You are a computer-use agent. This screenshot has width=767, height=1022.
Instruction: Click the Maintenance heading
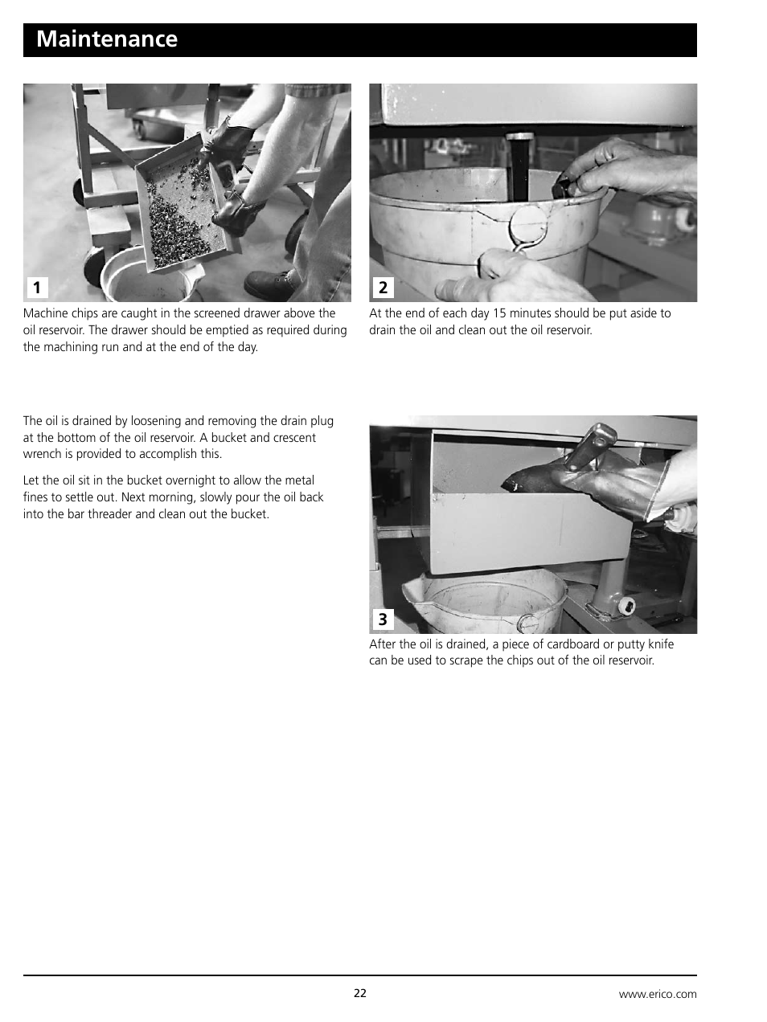tap(107, 39)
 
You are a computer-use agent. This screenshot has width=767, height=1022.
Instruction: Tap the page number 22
tap(359, 993)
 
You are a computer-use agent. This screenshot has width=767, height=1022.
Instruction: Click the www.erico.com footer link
tap(657, 994)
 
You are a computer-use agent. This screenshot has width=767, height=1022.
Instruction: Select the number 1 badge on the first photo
tap(36, 288)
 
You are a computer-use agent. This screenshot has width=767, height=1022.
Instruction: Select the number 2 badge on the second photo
tap(383, 288)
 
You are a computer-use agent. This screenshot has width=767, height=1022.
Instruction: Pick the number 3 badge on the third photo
tap(383, 619)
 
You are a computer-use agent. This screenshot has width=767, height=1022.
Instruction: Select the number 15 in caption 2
tap(500, 313)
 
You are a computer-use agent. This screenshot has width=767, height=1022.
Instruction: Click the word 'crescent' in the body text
tap(293, 438)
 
